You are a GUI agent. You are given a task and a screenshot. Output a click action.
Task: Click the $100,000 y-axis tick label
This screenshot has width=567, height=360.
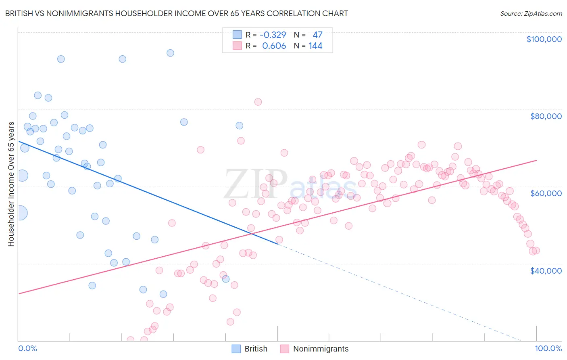544,39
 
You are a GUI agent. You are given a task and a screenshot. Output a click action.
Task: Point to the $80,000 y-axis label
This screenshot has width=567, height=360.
546,116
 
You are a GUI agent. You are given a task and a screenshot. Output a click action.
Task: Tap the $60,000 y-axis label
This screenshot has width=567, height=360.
546,193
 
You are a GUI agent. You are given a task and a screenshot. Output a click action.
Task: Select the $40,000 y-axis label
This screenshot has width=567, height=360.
546,270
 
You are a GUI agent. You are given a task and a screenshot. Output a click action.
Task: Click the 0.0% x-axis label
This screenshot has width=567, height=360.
27,349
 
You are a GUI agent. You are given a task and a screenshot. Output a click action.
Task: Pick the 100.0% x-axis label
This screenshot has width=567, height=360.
548,349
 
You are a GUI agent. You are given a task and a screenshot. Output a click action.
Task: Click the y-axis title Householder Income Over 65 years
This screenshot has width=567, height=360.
11,184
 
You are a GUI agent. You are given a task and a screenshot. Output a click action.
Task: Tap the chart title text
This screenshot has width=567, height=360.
176,13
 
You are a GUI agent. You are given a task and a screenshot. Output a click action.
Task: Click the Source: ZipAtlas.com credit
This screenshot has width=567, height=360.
531,13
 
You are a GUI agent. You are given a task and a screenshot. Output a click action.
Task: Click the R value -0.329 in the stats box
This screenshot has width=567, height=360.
273,35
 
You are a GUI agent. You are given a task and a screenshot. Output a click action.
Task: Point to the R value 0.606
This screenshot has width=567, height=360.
274,46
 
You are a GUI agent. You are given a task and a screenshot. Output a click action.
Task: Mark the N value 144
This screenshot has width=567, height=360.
315,46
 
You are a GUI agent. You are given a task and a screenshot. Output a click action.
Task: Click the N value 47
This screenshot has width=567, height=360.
317,35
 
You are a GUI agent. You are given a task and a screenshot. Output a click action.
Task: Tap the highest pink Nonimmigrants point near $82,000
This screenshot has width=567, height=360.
258,102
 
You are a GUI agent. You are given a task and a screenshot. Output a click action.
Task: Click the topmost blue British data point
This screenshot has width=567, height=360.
171,53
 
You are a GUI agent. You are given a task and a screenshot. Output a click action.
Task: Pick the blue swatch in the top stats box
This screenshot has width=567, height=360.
237,35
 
